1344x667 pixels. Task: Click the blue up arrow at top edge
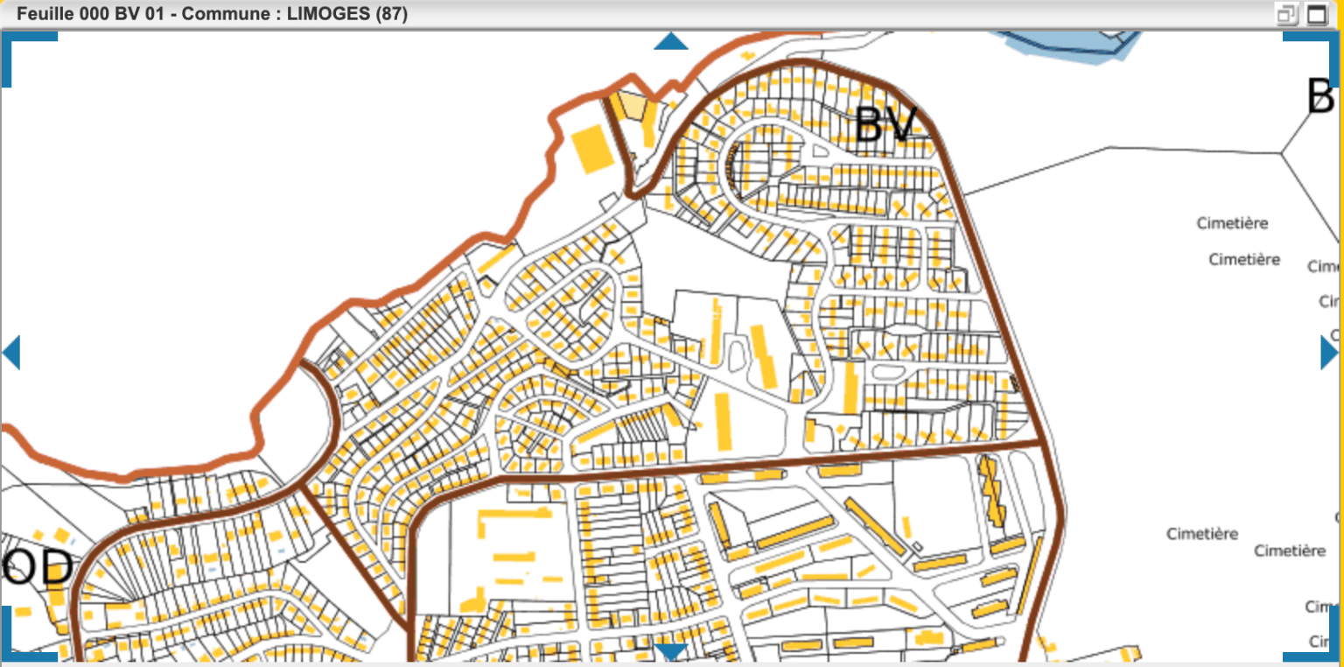(671, 41)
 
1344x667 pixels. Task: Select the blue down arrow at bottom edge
(671, 652)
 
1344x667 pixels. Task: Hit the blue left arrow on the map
(11, 353)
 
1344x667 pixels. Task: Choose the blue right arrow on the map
(1328, 353)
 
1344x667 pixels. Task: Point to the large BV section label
(885, 125)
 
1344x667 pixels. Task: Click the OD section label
(37, 569)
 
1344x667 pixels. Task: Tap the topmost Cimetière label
(1232, 224)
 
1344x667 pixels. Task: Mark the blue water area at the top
(1067, 42)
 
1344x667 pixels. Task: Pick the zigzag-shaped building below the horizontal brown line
(991, 491)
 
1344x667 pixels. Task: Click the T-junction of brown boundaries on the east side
(1046, 443)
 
